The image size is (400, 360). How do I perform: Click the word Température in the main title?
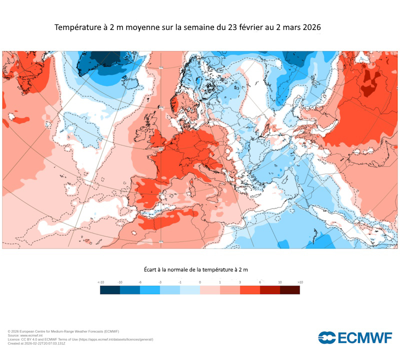pyautogui.click(x=77, y=28)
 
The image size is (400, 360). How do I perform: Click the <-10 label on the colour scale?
pyautogui.click(x=101, y=282)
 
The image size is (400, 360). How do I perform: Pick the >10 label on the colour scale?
pyautogui.click(x=299, y=282)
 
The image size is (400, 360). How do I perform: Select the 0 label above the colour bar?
pyautogui.click(x=200, y=282)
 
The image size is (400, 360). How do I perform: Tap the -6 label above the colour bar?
pyautogui.click(x=140, y=282)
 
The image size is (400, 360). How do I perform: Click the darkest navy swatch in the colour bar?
pyautogui.click(x=110, y=290)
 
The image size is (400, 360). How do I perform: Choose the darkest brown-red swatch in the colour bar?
pyautogui.click(x=290, y=290)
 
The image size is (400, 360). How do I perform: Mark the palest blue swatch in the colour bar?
pyautogui.click(x=190, y=290)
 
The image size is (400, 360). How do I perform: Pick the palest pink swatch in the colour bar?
pyautogui.click(x=210, y=290)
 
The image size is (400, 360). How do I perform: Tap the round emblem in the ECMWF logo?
pyautogui.click(x=327, y=338)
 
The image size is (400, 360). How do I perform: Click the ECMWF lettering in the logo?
pyautogui.click(x=365, y=338)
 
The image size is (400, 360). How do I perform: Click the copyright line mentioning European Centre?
pyautogui.click(x=63, y=331)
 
